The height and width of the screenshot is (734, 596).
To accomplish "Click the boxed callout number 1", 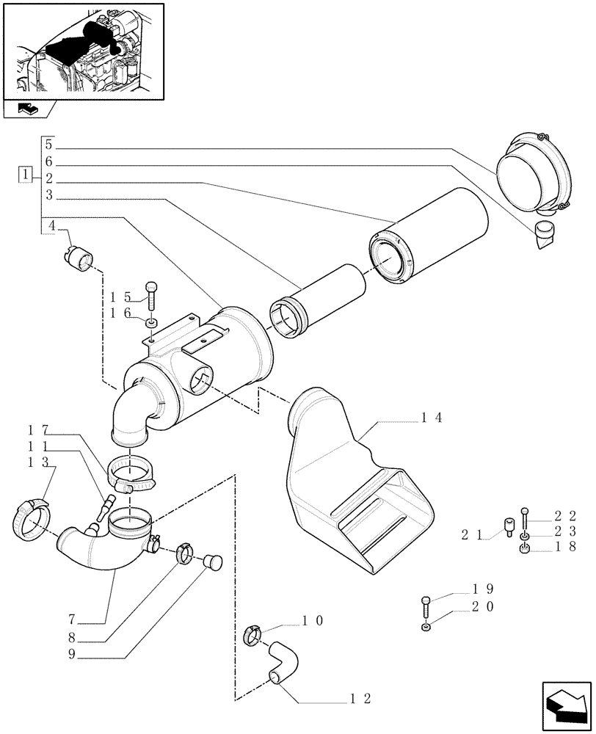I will (26, 175).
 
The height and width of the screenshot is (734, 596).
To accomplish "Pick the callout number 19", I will (483, 589).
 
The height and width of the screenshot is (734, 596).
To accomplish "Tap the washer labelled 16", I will (150, 323).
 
